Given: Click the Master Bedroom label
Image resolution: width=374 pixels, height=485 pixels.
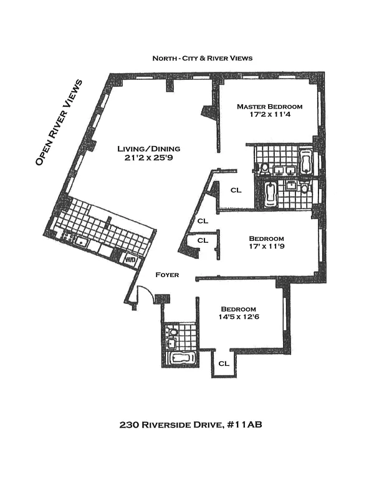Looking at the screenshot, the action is pos(270,106).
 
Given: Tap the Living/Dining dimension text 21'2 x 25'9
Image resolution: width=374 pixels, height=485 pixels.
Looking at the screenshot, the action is pos(148,158).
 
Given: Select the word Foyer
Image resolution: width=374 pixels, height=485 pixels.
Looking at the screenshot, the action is pos(167,275).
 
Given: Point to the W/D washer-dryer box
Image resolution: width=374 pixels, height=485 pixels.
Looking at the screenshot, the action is pos(130,260).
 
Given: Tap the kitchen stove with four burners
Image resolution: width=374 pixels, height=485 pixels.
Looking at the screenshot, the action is pos(68,238).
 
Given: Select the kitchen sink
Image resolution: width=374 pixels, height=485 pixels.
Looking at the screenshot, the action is pos(82,242).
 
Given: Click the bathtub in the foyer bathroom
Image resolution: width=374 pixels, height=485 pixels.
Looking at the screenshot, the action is pos(182,359).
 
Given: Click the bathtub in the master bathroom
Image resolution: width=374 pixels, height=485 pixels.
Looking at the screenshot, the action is pos(306,161).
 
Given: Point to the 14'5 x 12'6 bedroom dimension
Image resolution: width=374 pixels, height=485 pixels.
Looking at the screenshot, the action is pos(239,316).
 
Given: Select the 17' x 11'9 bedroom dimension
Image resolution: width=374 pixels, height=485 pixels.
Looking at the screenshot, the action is pos(267,246).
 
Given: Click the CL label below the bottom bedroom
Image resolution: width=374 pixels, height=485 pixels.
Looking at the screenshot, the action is pos(224,363).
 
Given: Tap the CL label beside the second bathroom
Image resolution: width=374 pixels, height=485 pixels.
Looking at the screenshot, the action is pos(236,190).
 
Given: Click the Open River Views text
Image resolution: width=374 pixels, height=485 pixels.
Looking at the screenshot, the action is pos(59,122).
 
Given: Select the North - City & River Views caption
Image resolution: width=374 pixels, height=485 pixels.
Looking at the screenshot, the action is pos(203,58).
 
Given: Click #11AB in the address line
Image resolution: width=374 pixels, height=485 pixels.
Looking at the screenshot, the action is pos(244,424).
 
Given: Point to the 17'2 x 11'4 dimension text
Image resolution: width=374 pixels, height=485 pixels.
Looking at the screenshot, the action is pos(270,114).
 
